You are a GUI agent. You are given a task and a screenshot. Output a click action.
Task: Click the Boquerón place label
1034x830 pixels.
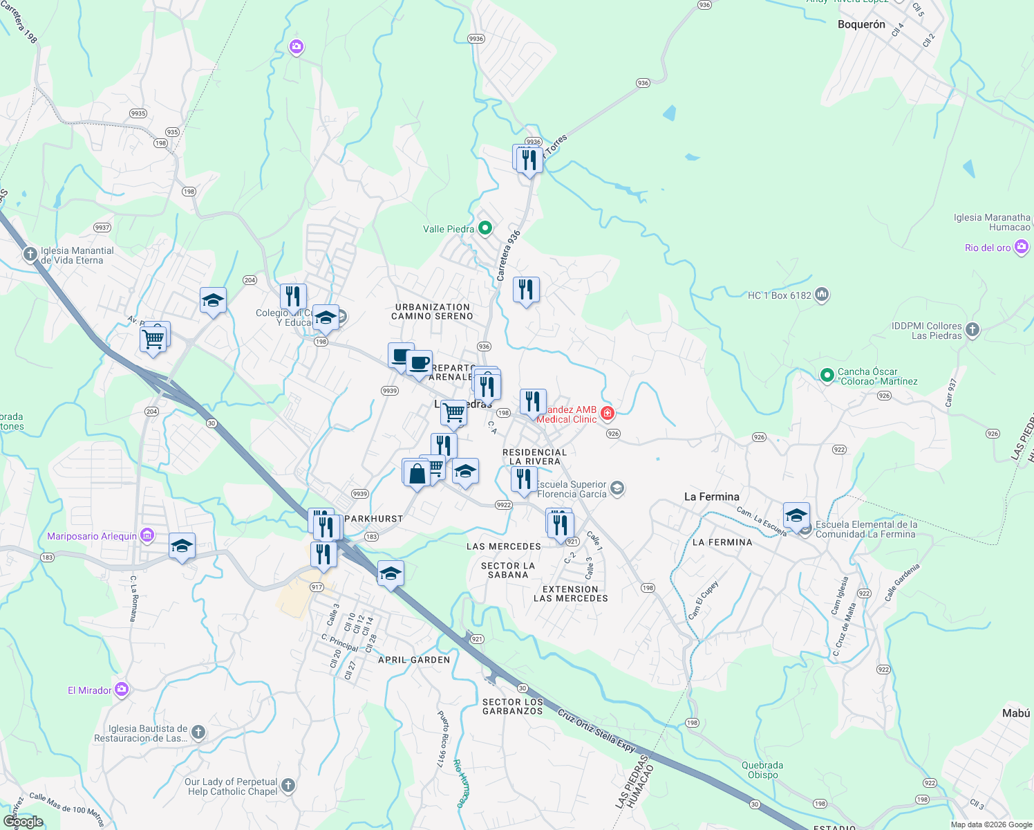tap(861, 24)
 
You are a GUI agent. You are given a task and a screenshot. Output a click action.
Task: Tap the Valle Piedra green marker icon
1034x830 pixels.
tap(485, 228)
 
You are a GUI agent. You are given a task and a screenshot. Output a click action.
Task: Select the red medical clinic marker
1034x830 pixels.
tap(608, 414)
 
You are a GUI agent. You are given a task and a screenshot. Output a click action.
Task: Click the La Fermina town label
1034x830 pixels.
tap(711, 497)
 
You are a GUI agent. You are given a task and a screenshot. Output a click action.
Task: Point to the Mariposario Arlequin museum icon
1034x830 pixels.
tap(147, 535)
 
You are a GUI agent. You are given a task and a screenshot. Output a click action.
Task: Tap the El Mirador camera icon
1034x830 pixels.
tap(122, 689)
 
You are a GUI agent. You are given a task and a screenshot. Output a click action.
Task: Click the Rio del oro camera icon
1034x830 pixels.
tap(1022, 247)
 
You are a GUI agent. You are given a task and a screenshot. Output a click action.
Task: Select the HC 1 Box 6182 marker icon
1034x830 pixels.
tap(821, 295)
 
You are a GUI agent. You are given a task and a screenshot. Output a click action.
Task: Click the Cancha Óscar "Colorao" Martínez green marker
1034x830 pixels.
tap(827, 375)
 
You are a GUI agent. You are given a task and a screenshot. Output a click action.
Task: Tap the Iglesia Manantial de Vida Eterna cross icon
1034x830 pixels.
tap(30, 255)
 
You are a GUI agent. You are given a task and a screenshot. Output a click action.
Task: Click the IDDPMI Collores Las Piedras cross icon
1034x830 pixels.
tap(972, 330)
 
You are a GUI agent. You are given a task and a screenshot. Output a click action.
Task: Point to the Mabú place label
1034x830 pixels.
tap(1015, 713)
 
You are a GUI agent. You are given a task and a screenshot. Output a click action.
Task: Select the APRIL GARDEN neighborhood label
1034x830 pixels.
tap(414, 660)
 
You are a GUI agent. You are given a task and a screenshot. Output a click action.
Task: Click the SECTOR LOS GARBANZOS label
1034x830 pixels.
tap(513, 706)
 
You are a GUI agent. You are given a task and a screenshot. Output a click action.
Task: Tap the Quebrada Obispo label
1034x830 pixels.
tap(762, 770)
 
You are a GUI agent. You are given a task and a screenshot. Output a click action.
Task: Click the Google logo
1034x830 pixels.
tap(23, 822)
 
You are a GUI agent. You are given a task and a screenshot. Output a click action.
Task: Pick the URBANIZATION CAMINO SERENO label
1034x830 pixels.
tap(432, 311)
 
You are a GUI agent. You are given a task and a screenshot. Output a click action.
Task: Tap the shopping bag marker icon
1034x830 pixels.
tap(417, 474)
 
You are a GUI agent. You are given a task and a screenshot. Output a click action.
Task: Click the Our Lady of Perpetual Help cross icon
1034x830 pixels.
tap(288, 786)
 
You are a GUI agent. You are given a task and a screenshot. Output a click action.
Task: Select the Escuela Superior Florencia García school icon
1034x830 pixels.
tap(617, 489)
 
